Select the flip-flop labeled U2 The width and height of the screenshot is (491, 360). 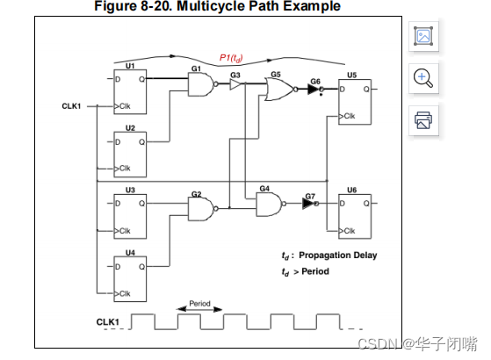(130, 152)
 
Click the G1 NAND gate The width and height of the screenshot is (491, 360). (201, 85)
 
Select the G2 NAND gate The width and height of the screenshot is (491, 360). (201, 208)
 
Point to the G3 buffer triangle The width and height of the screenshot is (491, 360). (236, 86)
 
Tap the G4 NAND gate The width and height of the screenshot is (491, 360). (269, 205)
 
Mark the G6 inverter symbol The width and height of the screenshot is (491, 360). (314, 90)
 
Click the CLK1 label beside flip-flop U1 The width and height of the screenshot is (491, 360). (73, 107)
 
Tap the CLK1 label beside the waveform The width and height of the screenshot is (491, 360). (107, 322)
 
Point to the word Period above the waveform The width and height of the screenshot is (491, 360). (199, 304)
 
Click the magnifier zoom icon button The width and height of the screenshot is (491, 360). (423, 77)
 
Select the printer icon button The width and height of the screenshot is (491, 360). (423, 119)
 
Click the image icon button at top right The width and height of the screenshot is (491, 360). (423, 36)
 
